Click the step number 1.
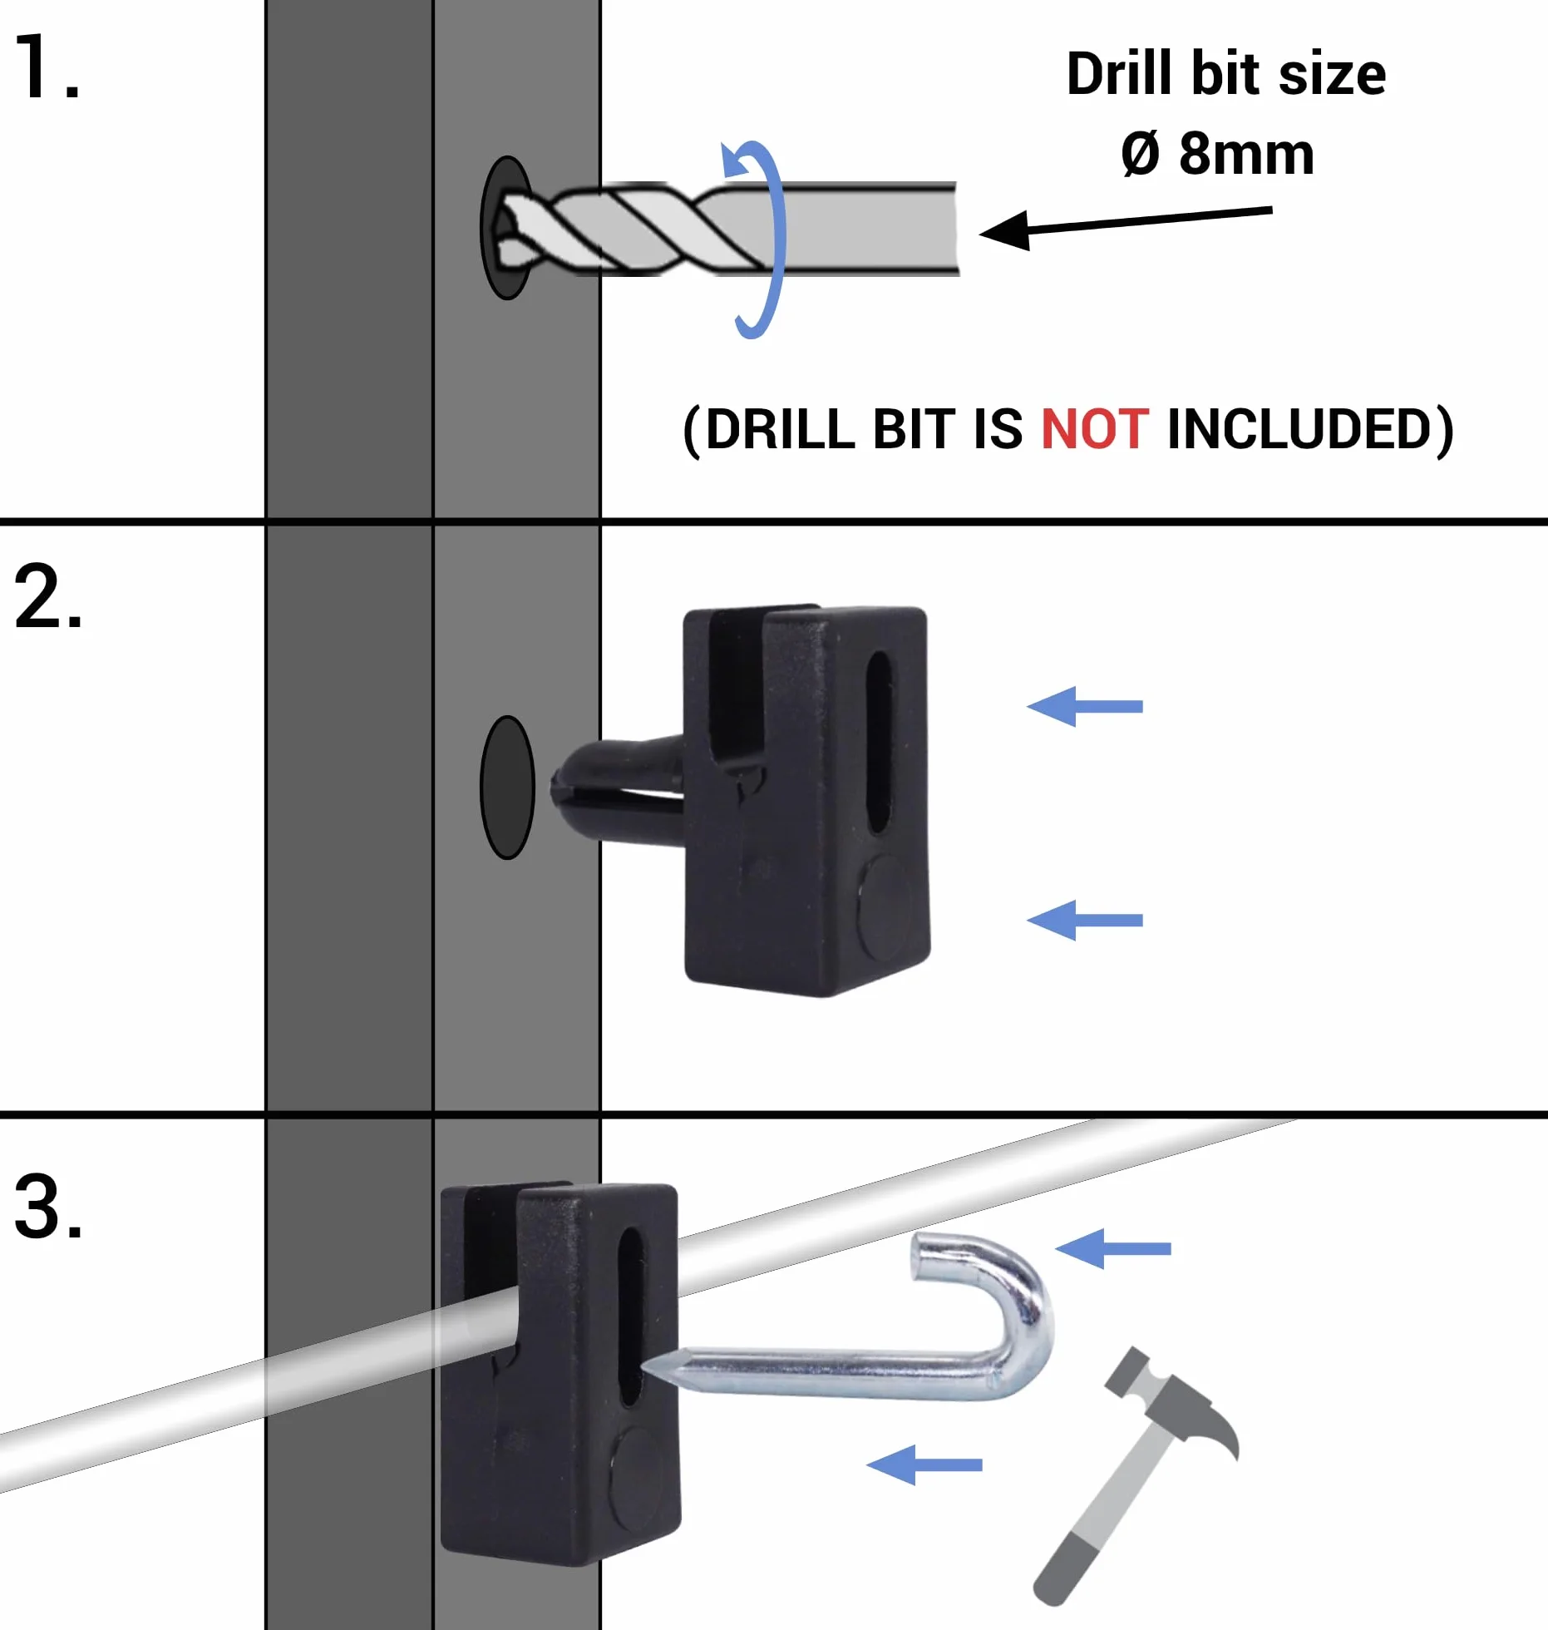(47, 67)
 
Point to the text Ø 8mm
(1218, 154)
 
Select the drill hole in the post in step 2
(507, 787)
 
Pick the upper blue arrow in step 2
(1085, 706)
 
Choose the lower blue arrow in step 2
(1085, 920)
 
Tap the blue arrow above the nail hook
(1113, 1248)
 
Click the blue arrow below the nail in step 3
(924, 1465)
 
